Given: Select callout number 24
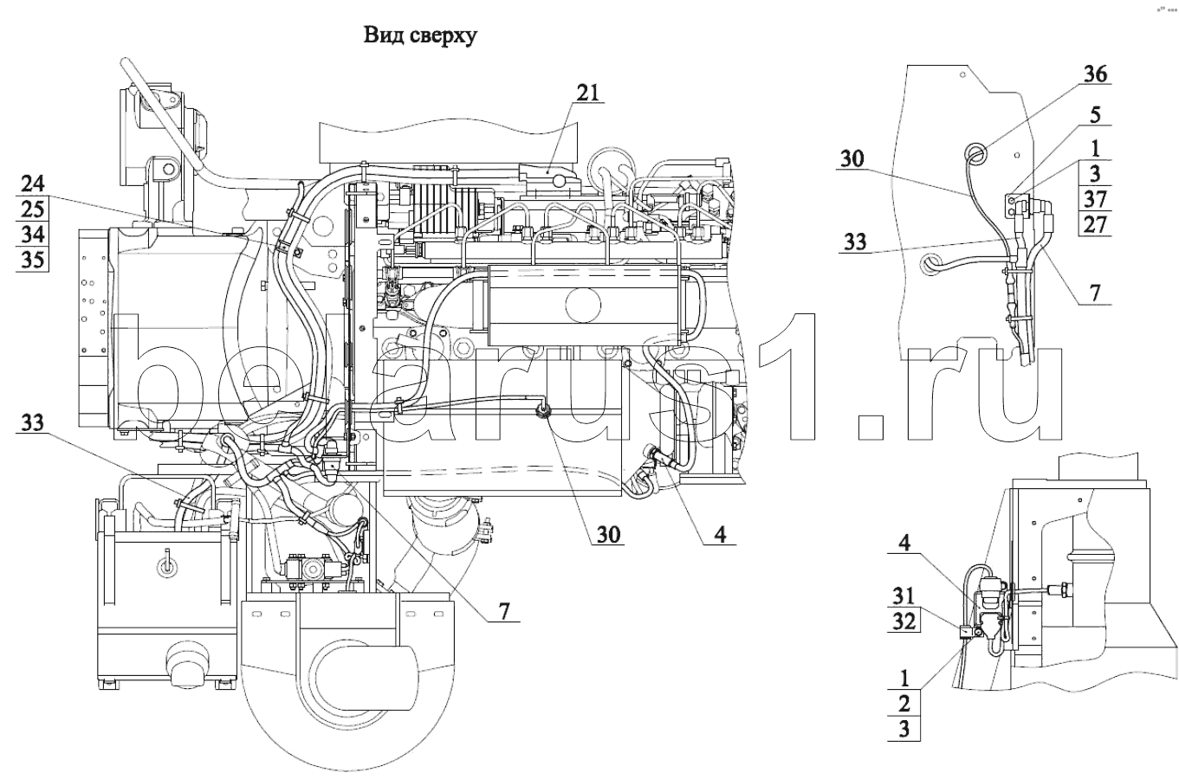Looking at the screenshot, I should [x=32, y=183].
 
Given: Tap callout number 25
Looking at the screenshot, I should [x=32, y=209].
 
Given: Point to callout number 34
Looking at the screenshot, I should [x=32, y=235].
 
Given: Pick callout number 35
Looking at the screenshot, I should [x=32, y=260].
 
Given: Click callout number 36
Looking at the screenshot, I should [x=1095, y=75].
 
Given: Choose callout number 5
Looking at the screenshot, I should [x=1096, y=115].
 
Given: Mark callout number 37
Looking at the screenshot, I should [x=1095, y=199].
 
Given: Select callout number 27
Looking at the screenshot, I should [x=1095, y=225].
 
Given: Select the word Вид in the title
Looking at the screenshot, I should [x=379, y=36].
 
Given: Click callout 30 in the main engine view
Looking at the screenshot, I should [x=607, y=534].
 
